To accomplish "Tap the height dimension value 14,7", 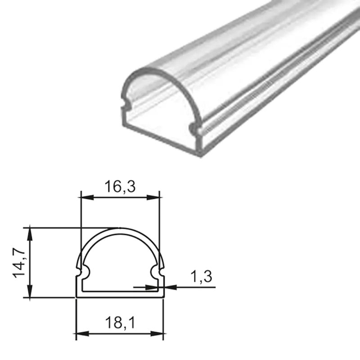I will tap(19, 263).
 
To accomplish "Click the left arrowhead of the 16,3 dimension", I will tap(85, 197).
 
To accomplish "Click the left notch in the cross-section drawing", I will tap(81, 272).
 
